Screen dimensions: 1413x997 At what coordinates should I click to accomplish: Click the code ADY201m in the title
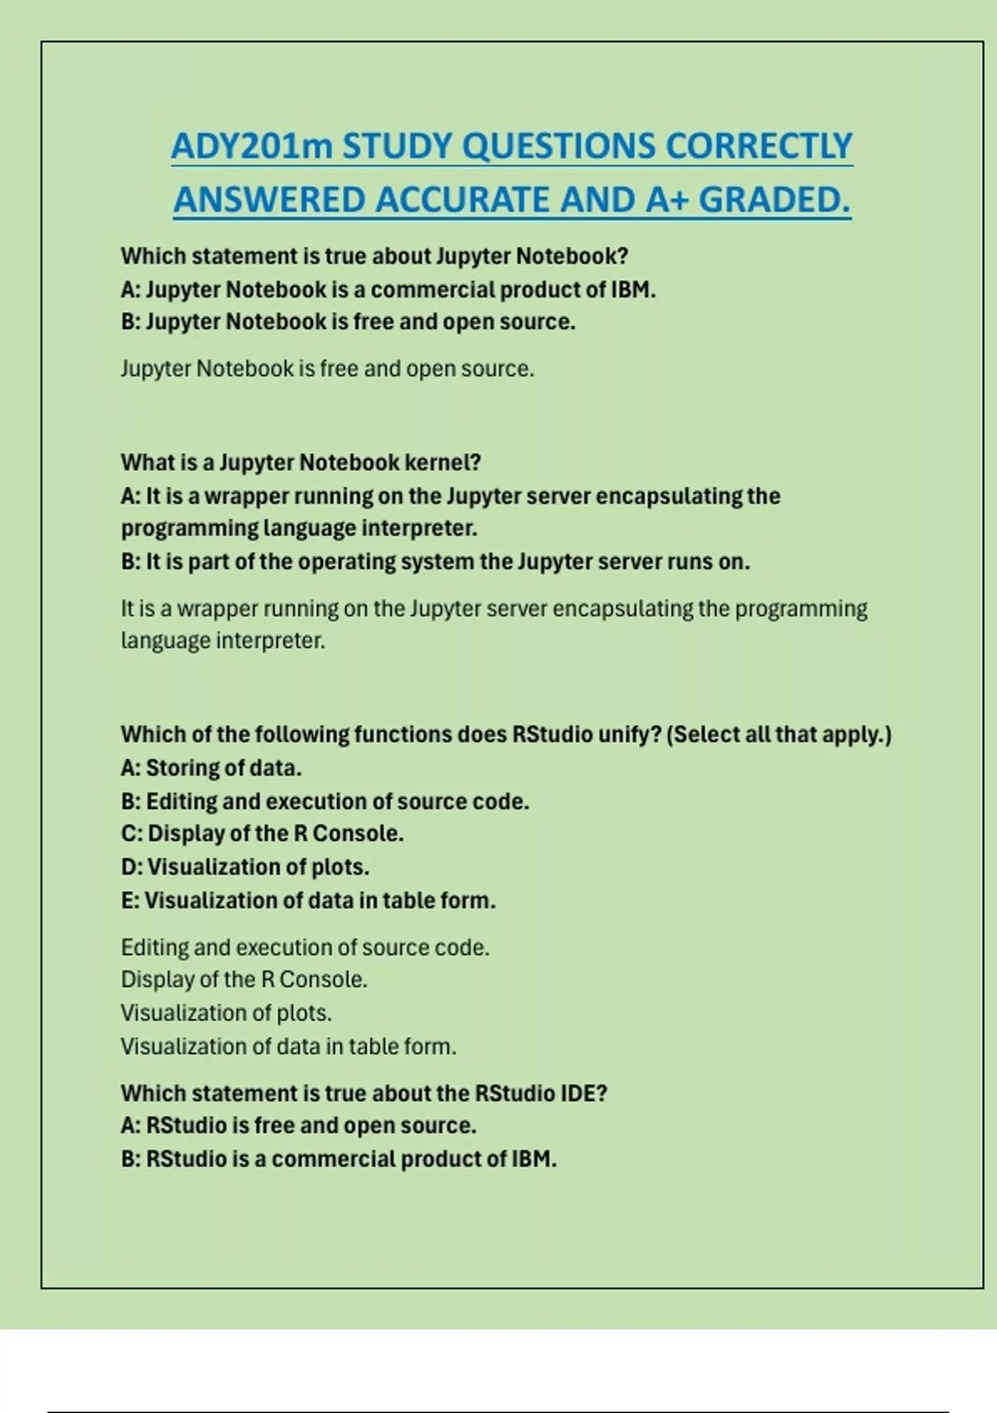pos(252,146)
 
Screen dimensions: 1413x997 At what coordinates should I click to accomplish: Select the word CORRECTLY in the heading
pos(759,146)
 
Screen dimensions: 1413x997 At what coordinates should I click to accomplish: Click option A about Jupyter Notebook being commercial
pos(388,289)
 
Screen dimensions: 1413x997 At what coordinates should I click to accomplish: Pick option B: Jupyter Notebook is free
pos(348,322)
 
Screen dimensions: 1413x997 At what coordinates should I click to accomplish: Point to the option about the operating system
pos(435,562)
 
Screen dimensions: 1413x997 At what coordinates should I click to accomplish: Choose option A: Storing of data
pos(211,768)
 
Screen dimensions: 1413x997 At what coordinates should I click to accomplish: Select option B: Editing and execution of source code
pos(325,801)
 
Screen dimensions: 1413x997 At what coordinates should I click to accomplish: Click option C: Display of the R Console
pos(263,834)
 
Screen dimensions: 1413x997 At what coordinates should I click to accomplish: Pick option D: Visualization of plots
pos(245,867)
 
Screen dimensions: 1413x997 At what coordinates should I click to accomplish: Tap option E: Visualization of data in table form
pos(308,900)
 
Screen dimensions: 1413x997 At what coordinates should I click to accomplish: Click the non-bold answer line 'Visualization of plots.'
pos(226,1013)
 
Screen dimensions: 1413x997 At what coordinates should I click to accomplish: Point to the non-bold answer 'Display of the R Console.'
pos(244,980)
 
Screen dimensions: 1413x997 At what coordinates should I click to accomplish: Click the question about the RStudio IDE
pos(364,1093)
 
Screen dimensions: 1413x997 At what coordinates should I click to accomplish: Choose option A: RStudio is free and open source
pos(298,1125)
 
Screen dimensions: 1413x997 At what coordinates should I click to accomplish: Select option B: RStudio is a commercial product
pos(339,1159)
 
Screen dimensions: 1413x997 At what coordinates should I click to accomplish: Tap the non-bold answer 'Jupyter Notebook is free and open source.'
pos(327,368)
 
